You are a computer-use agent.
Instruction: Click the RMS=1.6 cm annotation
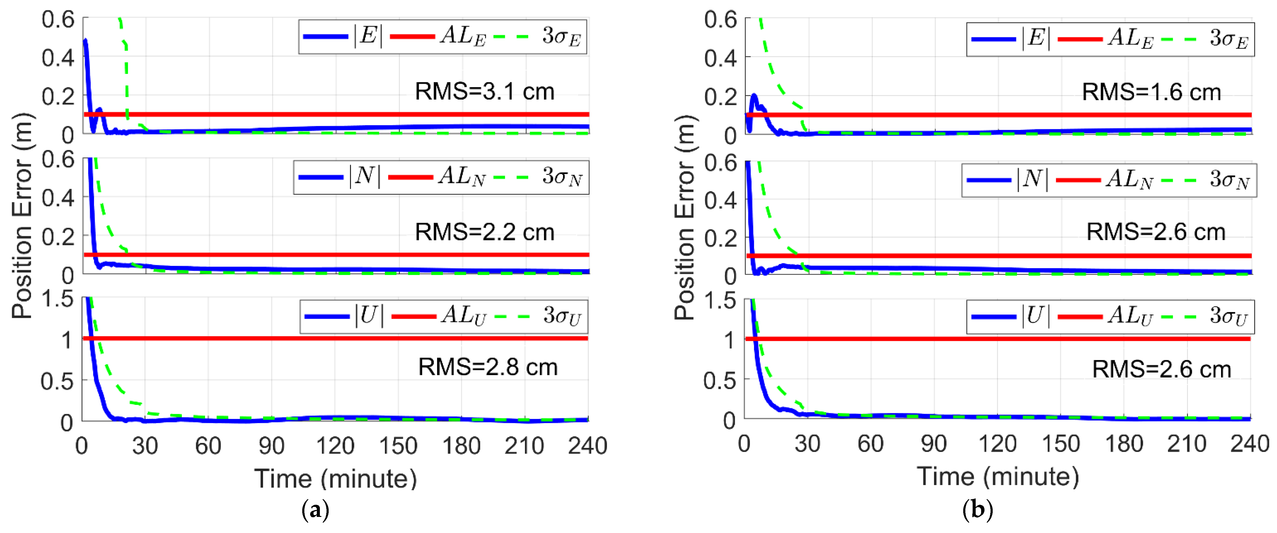(x=1151, y=93)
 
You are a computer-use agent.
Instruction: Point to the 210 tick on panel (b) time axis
(x=1186, y=444)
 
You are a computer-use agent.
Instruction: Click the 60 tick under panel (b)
(x=871, y=444)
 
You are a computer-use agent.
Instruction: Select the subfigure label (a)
(x=315, y=510)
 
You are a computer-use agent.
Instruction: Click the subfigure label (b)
(x=977, y=510)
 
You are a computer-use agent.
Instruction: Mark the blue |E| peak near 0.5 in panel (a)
(x=85, y=41)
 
